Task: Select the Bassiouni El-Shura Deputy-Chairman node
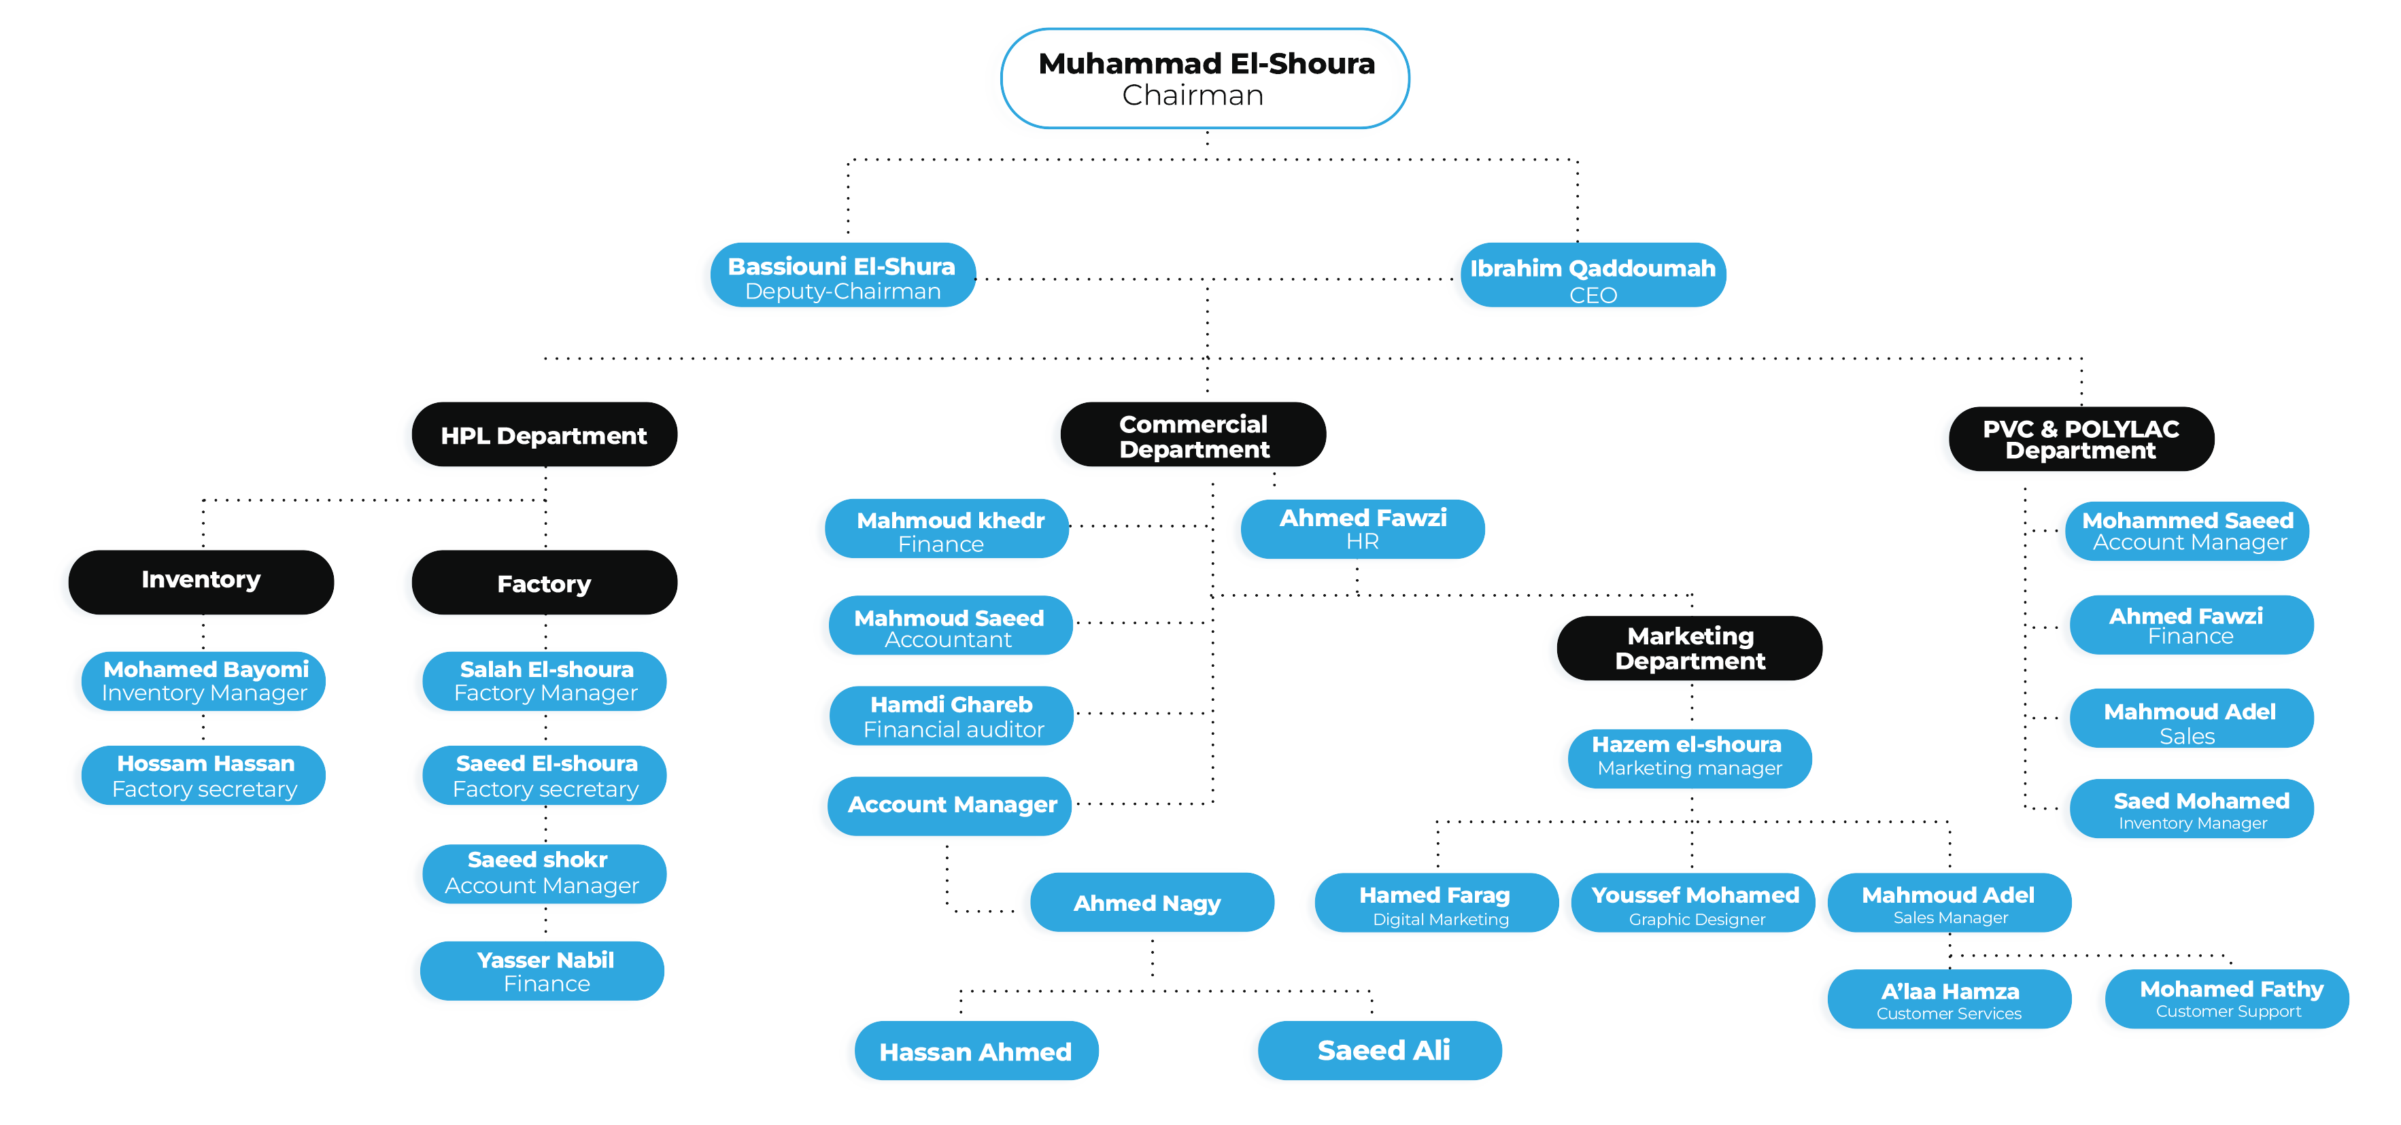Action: tap(842, 277)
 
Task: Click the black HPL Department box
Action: tap(545, 435)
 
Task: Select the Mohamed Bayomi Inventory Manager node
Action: tap(204, 681)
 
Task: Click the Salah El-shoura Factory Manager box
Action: tap(545, 681)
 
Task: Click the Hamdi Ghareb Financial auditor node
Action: tap(952, 716)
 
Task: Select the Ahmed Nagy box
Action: tap(1151, 902)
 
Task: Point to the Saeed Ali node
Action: tap(1380, 1050)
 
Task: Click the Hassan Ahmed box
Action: tap(976, 1052)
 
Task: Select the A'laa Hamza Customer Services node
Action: tap(1949, 1000)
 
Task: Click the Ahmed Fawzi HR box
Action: tap(1362, 528)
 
